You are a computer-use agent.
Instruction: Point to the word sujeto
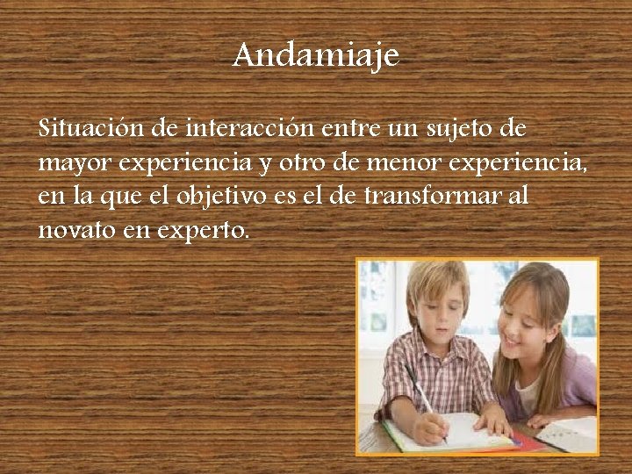pos(453,130)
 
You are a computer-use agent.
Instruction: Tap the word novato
pos(68,230)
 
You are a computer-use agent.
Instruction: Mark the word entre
pos(341,128)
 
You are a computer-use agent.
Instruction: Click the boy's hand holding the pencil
pos(430,427)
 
